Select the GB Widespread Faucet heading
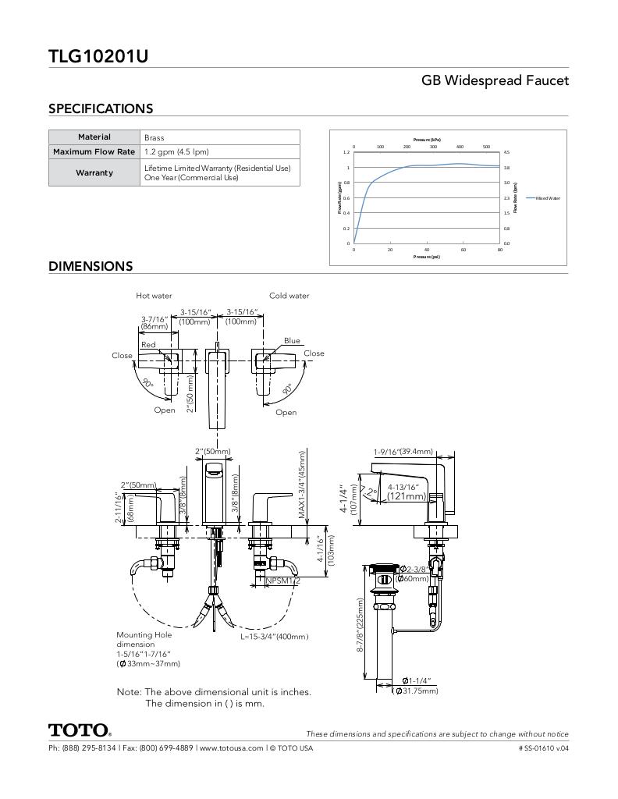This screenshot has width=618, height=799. point(495,80)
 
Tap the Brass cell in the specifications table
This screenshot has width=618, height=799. point(154,137)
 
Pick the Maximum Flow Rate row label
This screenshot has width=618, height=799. point(94,151)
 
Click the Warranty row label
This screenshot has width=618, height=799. point(94,172)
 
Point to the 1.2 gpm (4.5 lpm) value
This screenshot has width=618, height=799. point(176,151)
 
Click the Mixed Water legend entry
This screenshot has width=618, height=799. point(548,198)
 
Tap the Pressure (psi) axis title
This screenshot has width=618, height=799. point(427,257)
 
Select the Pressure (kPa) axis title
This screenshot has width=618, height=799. point(427,140)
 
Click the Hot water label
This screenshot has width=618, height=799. point(154,296)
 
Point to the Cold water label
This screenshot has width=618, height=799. point(289,296)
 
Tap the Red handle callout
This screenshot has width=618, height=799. point(148,344)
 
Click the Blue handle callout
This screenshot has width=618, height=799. point(292,340)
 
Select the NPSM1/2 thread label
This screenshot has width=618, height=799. point(282,581)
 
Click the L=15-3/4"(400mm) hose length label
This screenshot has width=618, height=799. point(274,637)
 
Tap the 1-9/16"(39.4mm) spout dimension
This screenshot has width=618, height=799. point(403,452)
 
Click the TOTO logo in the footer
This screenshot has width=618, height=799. point(80,730)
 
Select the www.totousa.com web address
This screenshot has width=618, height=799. point(229,748)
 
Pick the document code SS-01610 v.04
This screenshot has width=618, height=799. point(543,748)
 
